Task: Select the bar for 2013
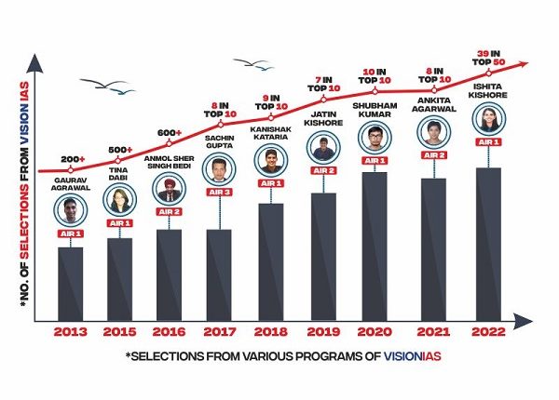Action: tap(71, 283)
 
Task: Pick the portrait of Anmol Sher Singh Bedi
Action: tap(168, 190)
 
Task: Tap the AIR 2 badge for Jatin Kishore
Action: tap(321, 169)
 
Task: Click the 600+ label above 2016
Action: tap(169, 133)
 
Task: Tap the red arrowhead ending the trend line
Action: tap(527, 63)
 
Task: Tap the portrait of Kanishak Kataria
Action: tap(271, 157)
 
